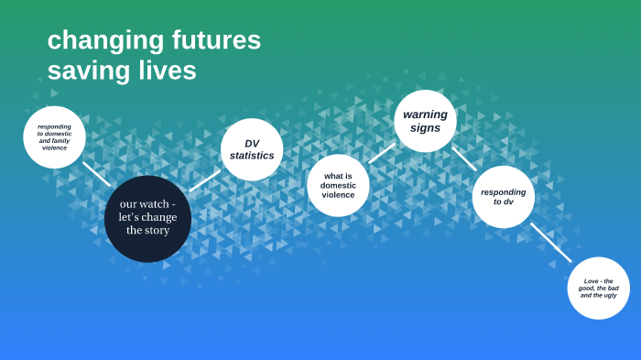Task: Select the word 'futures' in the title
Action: pyautogui.click(x=216, y=41)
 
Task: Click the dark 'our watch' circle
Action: pyautogui.click(x=147, y=218)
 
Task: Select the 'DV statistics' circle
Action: pyautogui.click(x=252, y=149)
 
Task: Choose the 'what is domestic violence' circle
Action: pyautogui.click(x=338, y=185)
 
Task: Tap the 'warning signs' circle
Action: pyautogui.click(x=425, y=121)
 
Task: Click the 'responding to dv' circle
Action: pyautogui.click(x=504, y=196)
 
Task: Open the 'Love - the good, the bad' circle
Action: pyautogui.click(x=598, y=288)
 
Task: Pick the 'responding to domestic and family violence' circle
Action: pyautogui.click(x=55, y=137)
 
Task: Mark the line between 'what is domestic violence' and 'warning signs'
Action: pyautogui.click(x=382, y=153)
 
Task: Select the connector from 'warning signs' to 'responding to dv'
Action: pyautogui.click(x=464, y=158)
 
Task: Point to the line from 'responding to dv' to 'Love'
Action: pyautogui.click(x=550, y=242)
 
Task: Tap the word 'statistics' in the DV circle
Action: pyautogui.click(x=252, y=156)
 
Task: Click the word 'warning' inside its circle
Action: pyautogui.click(x=425, y=115)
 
